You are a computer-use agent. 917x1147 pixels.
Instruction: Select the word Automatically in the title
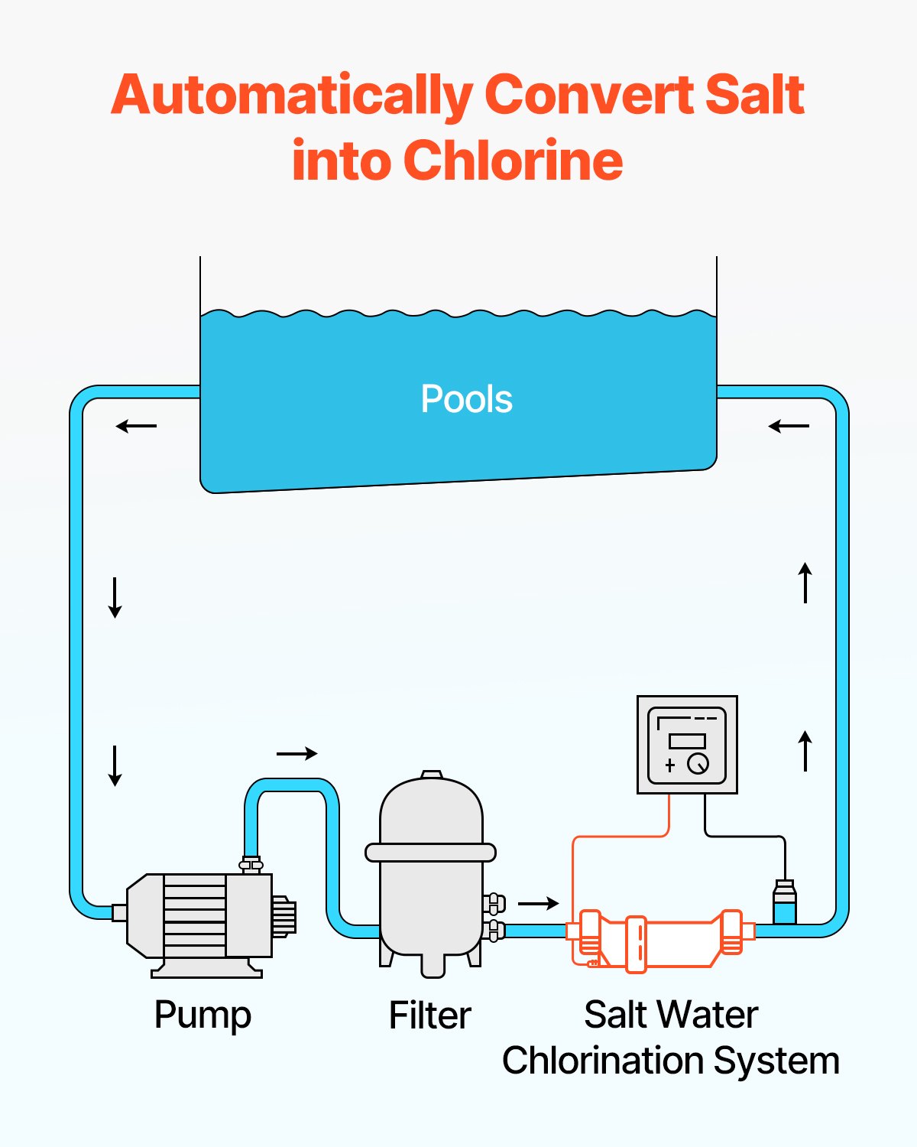click(x=292, y=96)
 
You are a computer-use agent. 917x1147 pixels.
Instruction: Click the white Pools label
click(x=466, y=399)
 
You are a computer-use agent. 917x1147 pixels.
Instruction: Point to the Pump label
click(x=203, y=1015)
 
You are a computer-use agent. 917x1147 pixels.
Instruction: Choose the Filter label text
click(x=429, y=1015)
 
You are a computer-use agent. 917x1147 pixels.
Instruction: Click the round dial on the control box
click(x=698, y=763)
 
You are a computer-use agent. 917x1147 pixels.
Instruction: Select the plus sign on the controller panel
click(x=670, y=765)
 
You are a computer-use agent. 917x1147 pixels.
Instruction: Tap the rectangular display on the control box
click(x=687, y=740)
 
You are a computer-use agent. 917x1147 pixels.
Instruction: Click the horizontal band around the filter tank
click(x=430, y=852)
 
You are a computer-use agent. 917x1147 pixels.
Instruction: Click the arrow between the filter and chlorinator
click(x=539, y=904)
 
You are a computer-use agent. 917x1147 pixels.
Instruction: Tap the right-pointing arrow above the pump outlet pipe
click(x=296, y=754)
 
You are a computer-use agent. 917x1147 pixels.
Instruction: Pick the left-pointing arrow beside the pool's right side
click(x=789, y=426)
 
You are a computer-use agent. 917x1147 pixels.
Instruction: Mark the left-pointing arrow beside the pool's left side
click(x=136, y=426)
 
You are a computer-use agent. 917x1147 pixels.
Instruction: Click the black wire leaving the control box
click(x=745, y=836)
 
